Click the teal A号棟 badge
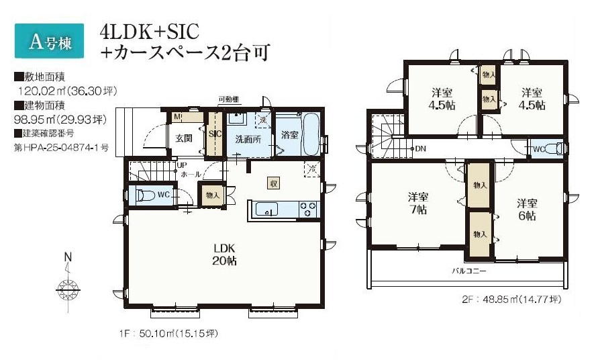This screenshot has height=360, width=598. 49,41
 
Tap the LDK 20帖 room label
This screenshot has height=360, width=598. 225,255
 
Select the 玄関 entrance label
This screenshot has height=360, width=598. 183,138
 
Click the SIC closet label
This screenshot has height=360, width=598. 215,134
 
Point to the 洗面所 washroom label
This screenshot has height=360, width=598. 248,139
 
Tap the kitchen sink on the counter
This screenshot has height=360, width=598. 266,209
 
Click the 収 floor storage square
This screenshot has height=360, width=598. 273,183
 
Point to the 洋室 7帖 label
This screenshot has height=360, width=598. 418,204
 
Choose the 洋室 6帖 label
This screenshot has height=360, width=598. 527,210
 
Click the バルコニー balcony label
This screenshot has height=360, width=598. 469,271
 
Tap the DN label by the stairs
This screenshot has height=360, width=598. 420,148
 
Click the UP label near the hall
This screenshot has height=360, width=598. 181,166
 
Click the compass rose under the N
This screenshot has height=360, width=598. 68,289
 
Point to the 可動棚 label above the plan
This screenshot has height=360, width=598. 228,99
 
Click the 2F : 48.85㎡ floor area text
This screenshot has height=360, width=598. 511,300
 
